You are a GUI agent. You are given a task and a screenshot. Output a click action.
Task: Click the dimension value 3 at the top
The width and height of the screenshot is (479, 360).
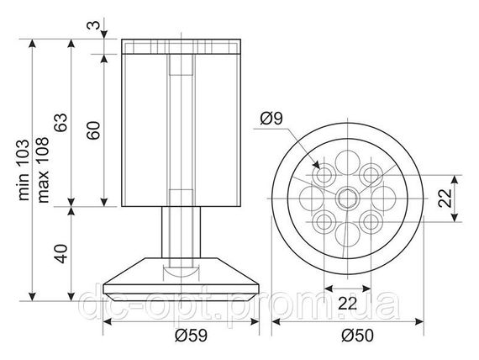coord(93,25)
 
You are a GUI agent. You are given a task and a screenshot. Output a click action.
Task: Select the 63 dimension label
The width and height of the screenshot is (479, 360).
coord(61,123)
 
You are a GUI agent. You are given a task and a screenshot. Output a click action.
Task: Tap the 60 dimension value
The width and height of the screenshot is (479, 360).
coord(93,130)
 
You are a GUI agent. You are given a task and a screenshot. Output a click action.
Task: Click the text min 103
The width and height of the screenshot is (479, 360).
coord(24,170)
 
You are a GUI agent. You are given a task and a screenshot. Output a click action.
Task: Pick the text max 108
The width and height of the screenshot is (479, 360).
coord(43,170)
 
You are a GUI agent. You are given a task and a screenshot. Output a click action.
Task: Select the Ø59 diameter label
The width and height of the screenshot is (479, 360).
coord(192,336)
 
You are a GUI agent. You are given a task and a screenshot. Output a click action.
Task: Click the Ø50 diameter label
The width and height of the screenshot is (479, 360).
coord(358,336)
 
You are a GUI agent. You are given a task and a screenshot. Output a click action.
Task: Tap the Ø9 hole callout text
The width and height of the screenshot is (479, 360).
coord(271,119)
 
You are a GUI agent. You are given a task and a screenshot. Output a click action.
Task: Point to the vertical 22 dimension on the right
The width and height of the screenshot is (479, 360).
coord(445,199)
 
